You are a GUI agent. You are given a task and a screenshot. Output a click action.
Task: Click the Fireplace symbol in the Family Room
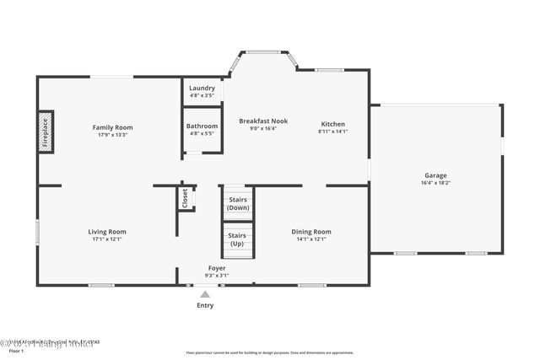tap(46, 133)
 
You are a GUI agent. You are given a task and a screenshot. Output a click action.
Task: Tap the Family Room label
tap(112, 127)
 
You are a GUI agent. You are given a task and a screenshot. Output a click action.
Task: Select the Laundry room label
tap(202, 88)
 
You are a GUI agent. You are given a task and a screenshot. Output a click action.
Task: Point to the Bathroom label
tap(202, 126)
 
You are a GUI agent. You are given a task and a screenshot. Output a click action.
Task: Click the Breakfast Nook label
tap(263, 121)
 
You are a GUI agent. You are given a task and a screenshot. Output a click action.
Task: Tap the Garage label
tap(435, 175)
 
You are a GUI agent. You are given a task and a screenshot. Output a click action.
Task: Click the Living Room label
tap(107, 231)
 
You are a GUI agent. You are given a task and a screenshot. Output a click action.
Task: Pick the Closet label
tap(185, 198)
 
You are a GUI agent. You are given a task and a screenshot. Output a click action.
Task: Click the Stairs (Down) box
tap(238, 203)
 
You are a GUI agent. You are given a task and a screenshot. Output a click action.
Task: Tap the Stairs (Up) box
tap(238, 239)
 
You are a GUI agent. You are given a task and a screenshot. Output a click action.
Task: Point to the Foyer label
tap(217, 268)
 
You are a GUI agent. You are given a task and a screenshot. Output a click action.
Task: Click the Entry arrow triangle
tap(205, 294)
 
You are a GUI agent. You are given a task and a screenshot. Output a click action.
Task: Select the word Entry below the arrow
tap(205, 305)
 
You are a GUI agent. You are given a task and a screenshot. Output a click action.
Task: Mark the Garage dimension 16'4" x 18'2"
tap(435, 182)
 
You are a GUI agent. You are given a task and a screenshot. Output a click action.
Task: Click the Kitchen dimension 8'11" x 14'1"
tap(332, 132)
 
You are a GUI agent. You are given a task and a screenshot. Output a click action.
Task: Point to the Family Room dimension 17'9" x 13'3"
tap(112, 135)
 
